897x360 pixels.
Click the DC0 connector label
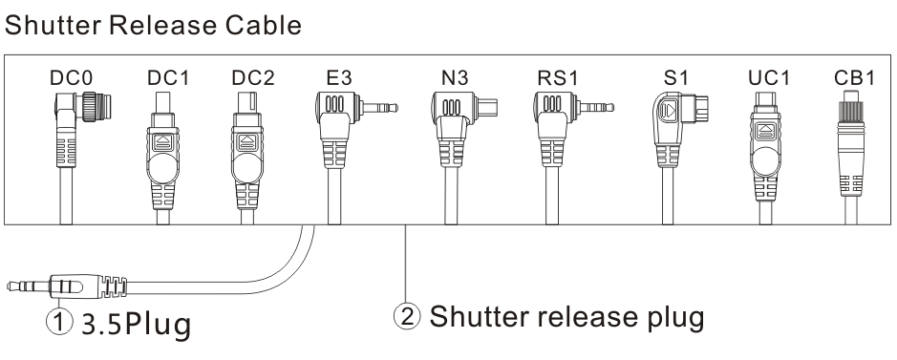point(72,78)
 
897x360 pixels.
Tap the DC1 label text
point(167,78)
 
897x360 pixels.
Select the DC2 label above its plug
point(253,78)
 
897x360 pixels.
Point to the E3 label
point(339,78)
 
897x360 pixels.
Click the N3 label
point(455,78)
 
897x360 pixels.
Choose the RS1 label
point(558,78)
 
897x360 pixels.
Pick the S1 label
point(676,78)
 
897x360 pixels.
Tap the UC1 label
point(769,78)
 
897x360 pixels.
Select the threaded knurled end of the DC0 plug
point(97,106)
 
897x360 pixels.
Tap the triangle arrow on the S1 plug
point(670,109)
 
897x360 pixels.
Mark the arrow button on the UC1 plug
point(765,132)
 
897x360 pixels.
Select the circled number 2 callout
point(407,316)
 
